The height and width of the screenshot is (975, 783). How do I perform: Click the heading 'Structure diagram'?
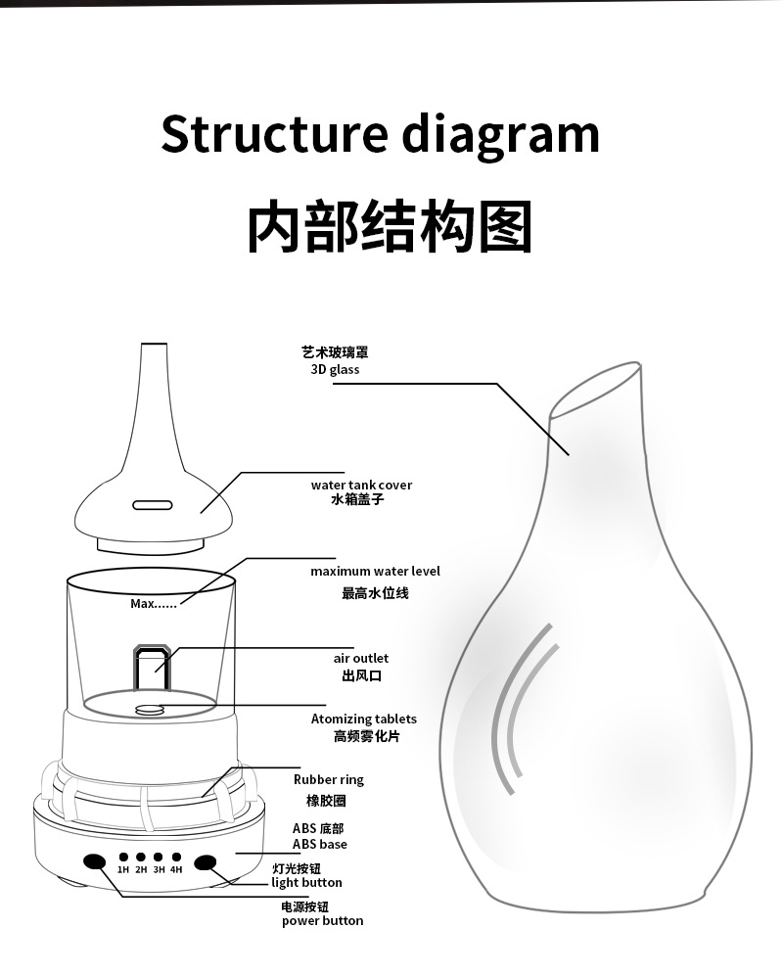pyautogui.click(x=380, y=134)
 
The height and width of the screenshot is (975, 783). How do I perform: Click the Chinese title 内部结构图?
pyautogui.click(x=389, y=227)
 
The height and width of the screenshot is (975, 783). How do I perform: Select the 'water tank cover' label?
pyautogui.click(x=361, y=485)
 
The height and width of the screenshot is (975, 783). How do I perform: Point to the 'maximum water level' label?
pyautogui.click(x=375, y=571)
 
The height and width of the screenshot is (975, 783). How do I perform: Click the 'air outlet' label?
pyautogui.click(x=361, y=659)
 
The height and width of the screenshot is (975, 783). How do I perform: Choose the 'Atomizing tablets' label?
pyautogui.click(x=363, y=719)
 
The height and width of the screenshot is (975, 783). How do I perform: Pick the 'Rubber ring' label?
pyautogui.click(x=328, y=779)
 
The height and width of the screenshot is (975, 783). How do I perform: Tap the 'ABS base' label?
pyautogui.click(x=319, y=844)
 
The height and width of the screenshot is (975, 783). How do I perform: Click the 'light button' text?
pyautogui.click(x=306, y=882)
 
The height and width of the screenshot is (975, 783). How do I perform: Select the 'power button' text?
pyautogui.click(x=322, y=920)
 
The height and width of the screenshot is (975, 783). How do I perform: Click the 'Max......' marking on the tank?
pyautogui.click(x=154, y=604)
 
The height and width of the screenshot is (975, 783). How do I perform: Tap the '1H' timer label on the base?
pyautogui.click(x=123, y=869)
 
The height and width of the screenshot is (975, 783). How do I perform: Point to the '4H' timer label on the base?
pyautogui.click(x=176, y=869)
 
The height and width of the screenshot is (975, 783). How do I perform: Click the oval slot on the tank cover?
pyautogui.click(x=152, y=504)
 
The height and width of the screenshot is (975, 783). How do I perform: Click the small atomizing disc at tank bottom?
pyautogui.click(x=148, y=710)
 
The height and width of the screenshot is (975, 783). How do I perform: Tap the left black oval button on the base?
pyautogui.click(x=95, y=861)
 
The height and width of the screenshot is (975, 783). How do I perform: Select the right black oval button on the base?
pyautogui.click(x=206, y=861)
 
